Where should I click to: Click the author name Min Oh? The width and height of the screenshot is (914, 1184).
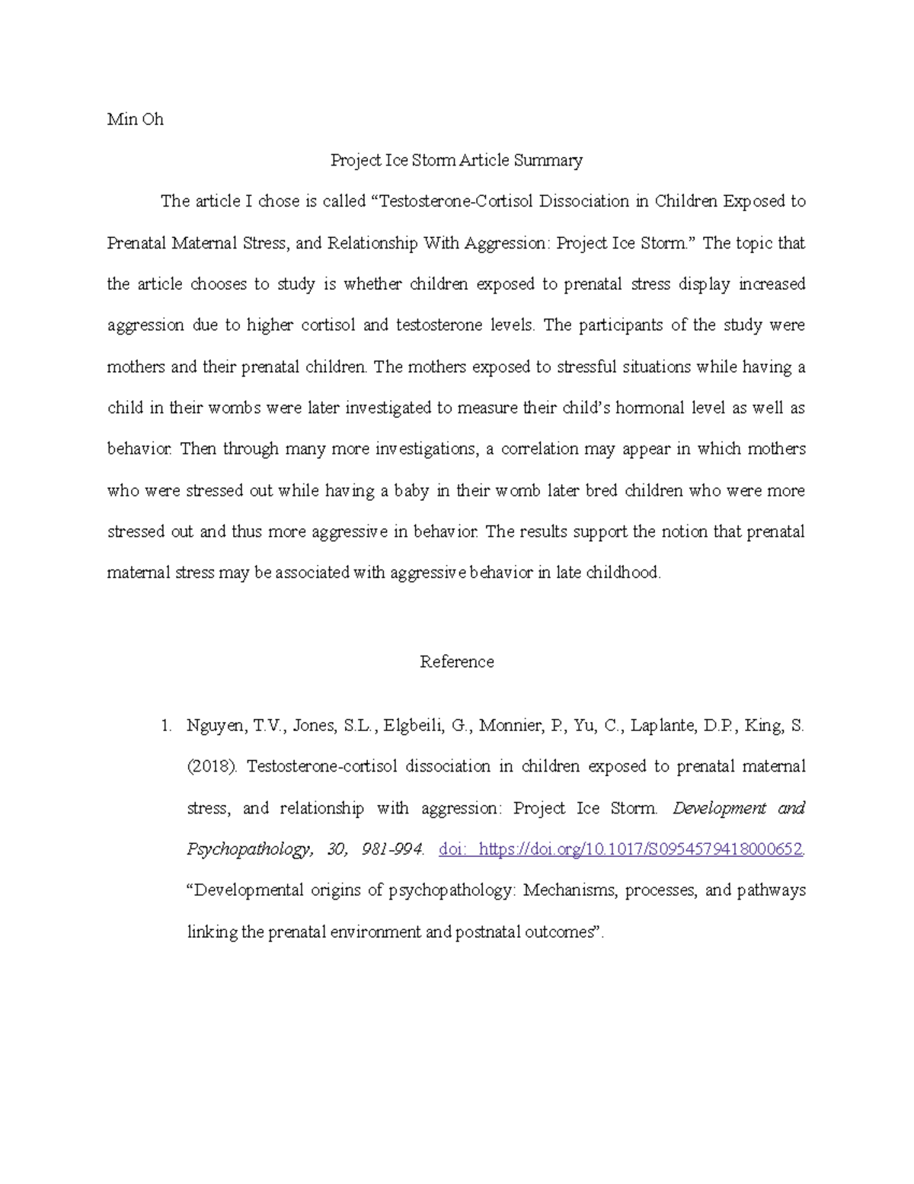pyautogui.click(x=135, y=120)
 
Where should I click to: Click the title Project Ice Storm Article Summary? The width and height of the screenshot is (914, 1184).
pyautogui.click(x=456, y=161)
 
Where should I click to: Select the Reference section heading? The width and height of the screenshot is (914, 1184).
pyautogui.click(x=456, y=662)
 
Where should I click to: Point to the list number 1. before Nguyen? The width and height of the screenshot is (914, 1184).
pyautogui.click(x=166, y=726)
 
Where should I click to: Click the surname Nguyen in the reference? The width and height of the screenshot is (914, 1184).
pyautogui.click(x=216, y=726)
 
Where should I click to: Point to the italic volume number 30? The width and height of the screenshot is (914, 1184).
pyautogui.click(x=336, y=849)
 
